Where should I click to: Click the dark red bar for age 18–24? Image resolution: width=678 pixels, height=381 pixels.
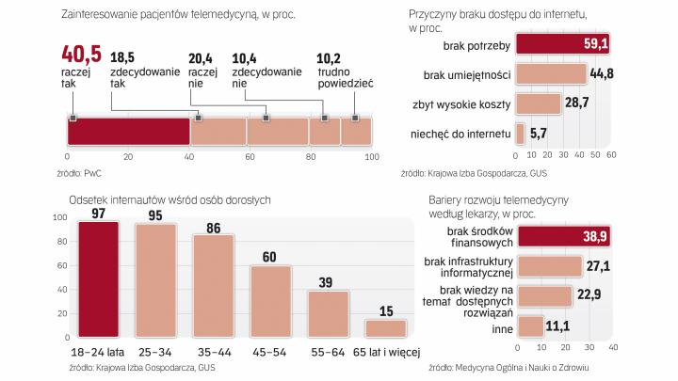(x=98, y=278)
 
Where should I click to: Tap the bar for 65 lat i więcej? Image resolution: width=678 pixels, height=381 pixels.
(x=385, y=327)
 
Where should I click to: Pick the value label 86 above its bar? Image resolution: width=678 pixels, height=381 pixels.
(x=213, y=227)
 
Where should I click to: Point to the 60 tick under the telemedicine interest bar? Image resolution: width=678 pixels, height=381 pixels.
(x=250, y=157)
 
